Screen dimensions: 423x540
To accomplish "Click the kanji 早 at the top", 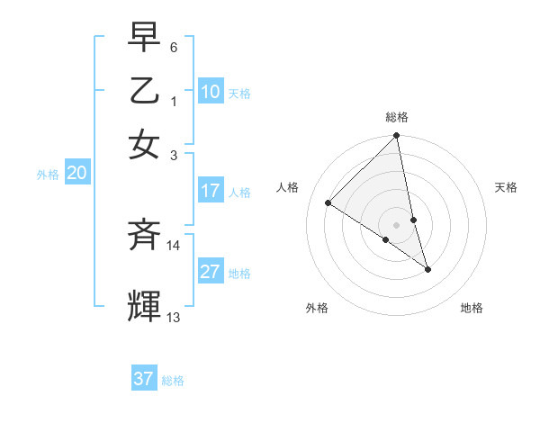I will point(144,39).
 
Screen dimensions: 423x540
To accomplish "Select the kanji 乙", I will point(144,91).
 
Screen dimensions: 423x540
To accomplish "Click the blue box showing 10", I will point(211,92).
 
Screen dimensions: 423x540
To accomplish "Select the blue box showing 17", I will point(211,191).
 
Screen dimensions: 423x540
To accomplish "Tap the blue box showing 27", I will point(211,272).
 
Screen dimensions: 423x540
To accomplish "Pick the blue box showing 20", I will point(76,174).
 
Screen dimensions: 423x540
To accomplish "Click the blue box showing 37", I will point(144,379).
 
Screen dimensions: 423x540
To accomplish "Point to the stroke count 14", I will point(173,245).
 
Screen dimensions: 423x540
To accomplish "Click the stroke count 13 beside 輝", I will point(174,317).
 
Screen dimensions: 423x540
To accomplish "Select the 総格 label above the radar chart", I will point(397,117).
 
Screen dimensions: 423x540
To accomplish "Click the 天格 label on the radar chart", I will point(507,187).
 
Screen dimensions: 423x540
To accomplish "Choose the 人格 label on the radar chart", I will point(287,187).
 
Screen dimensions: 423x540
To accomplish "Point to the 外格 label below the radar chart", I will point(317,308).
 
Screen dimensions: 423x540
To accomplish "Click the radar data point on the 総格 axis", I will point(397,137).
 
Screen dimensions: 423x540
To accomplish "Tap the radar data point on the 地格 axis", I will point(427,269).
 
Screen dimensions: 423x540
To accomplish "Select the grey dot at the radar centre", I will point(397,224).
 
